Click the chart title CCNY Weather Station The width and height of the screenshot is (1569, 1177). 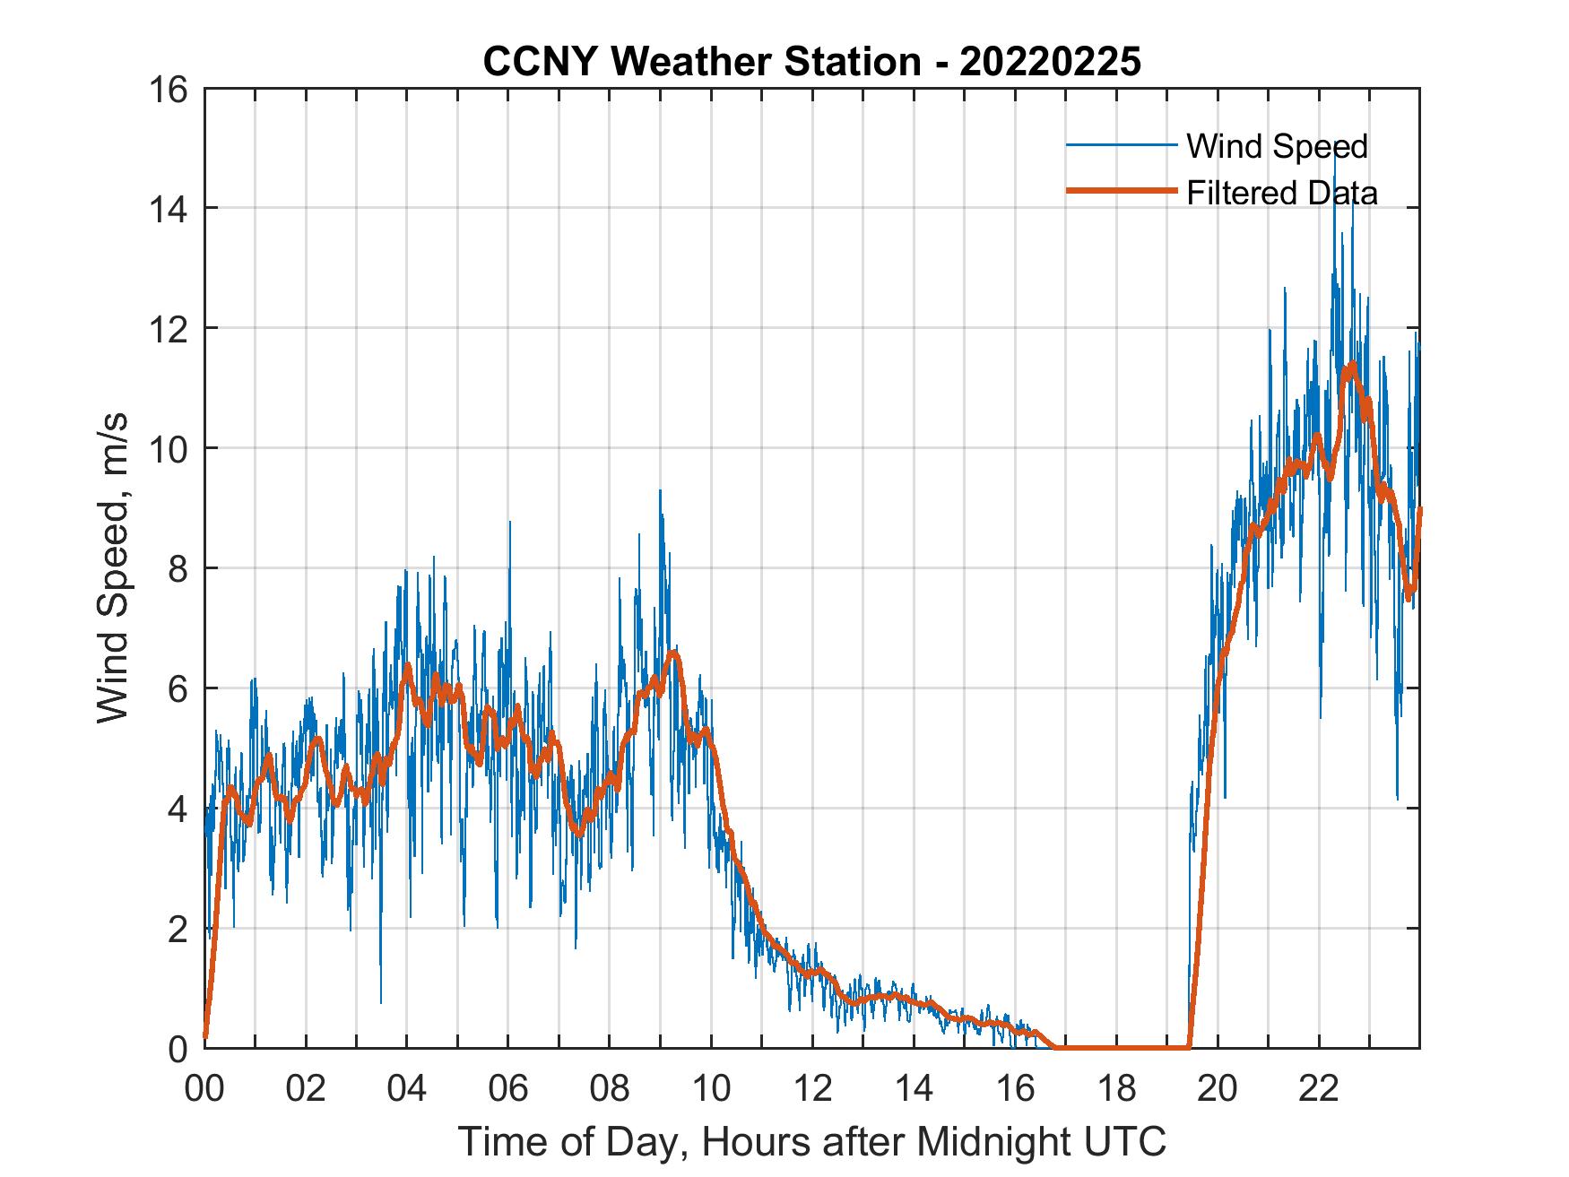coord(811,62)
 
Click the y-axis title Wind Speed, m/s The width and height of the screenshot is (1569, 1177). coord(113,568)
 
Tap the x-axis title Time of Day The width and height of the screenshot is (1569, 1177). coord(811,1142)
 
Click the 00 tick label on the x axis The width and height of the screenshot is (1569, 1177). coord(204,1090)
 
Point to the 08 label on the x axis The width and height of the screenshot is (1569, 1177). coord(610,1090)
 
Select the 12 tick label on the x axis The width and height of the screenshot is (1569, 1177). coord(812,1090)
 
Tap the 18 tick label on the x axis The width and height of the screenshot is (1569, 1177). coord(1116,1090)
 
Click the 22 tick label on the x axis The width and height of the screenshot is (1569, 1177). coord(1319,1090)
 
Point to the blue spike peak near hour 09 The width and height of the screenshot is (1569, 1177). coord(660,490)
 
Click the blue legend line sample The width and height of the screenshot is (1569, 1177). coord(1121,145)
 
